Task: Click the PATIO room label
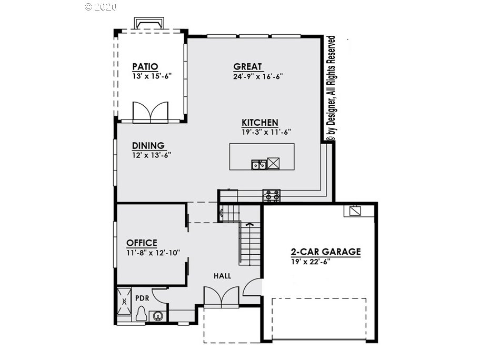(x=145, y=66)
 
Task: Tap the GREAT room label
(x=247, y=66)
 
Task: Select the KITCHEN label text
(x=260, y=123)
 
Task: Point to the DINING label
(x=148, y=145)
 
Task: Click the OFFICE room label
(x=142, y=243)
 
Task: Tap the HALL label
(x=223, y=276)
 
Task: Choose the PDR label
(x=142, y=298)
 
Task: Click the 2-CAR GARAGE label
(x=326, y=252)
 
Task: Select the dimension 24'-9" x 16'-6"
(x=258, y=76)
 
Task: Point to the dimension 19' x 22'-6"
(x=311, y=262)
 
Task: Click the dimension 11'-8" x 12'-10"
(x=153, y=253)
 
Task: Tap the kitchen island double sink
(x=258, y=164)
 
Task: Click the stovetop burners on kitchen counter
(x=272, y=195)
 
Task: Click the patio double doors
(x=151, y=112)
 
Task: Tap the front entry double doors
(x=222, y=297)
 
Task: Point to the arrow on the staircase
(x=250, y=224)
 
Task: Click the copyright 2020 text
(x=101, y=6)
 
